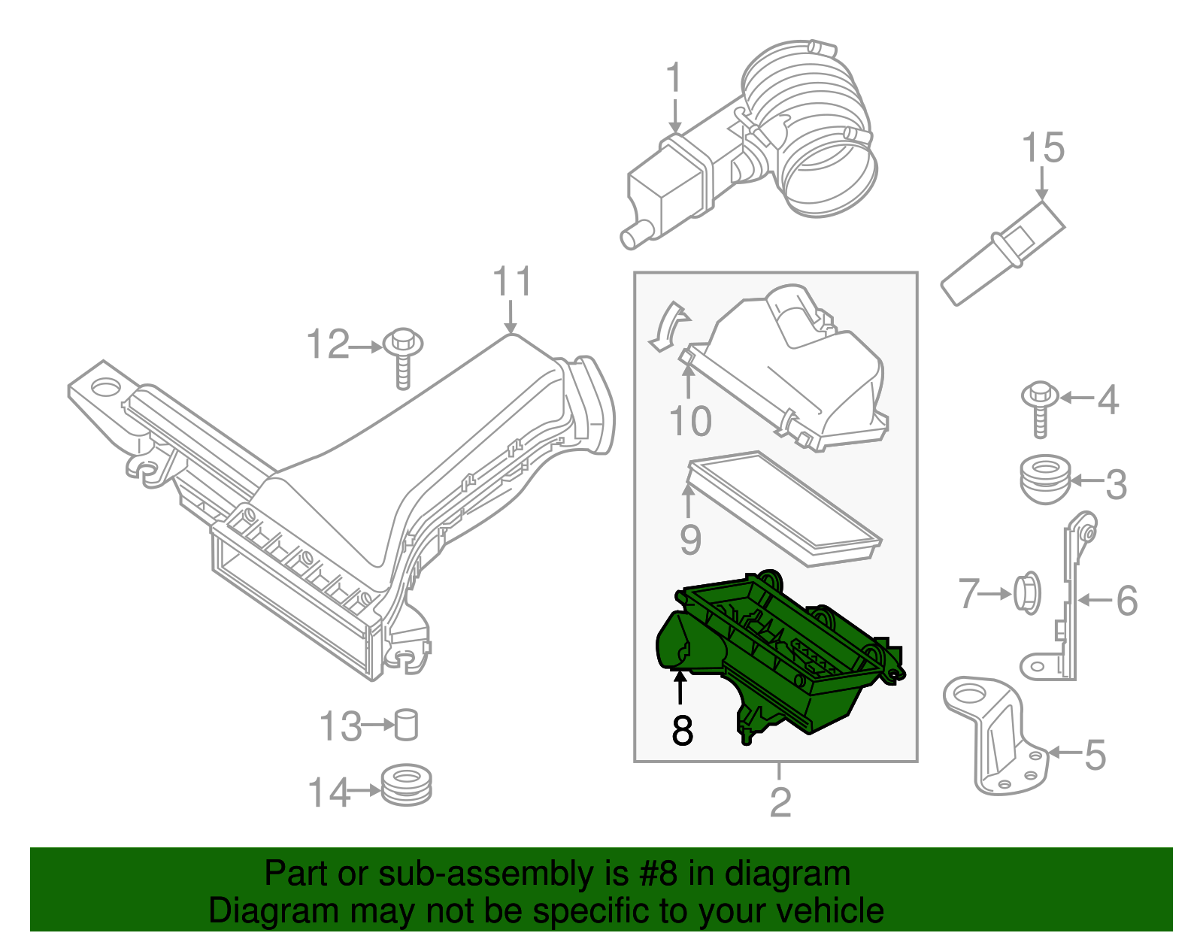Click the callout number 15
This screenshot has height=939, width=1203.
pyautogui.click(x=1043, y=148)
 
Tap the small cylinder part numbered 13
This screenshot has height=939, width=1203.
pyautogui.click(x=406, y=725)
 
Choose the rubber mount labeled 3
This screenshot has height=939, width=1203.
pyautogui.click(x=1046, y=479)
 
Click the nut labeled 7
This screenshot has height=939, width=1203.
pyautogui.click(x=1027, y=593)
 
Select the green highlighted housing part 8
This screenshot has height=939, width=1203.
pyautogui.click(x=789, y=662)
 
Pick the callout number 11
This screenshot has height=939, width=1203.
pyautogui.click(x=512, y=283)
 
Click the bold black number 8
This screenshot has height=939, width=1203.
pyautogui.click(x=682, y=730)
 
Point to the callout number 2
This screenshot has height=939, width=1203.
pyautogui.click(x=780, y=802)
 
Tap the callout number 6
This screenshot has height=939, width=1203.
pyautogui.click(x=1126, y=601)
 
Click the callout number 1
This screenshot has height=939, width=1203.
pyautogui.click(x=674, y=79)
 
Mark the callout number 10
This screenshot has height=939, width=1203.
pyautogui.click(x=689, y=421)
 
